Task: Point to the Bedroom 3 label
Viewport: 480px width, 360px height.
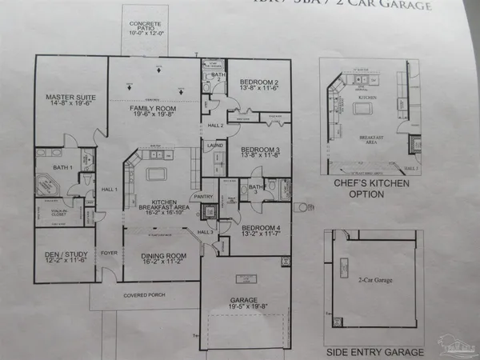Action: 259,150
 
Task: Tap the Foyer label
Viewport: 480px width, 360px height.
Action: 107,254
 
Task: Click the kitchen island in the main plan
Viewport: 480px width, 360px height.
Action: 155,173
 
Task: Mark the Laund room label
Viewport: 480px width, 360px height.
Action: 214,146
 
